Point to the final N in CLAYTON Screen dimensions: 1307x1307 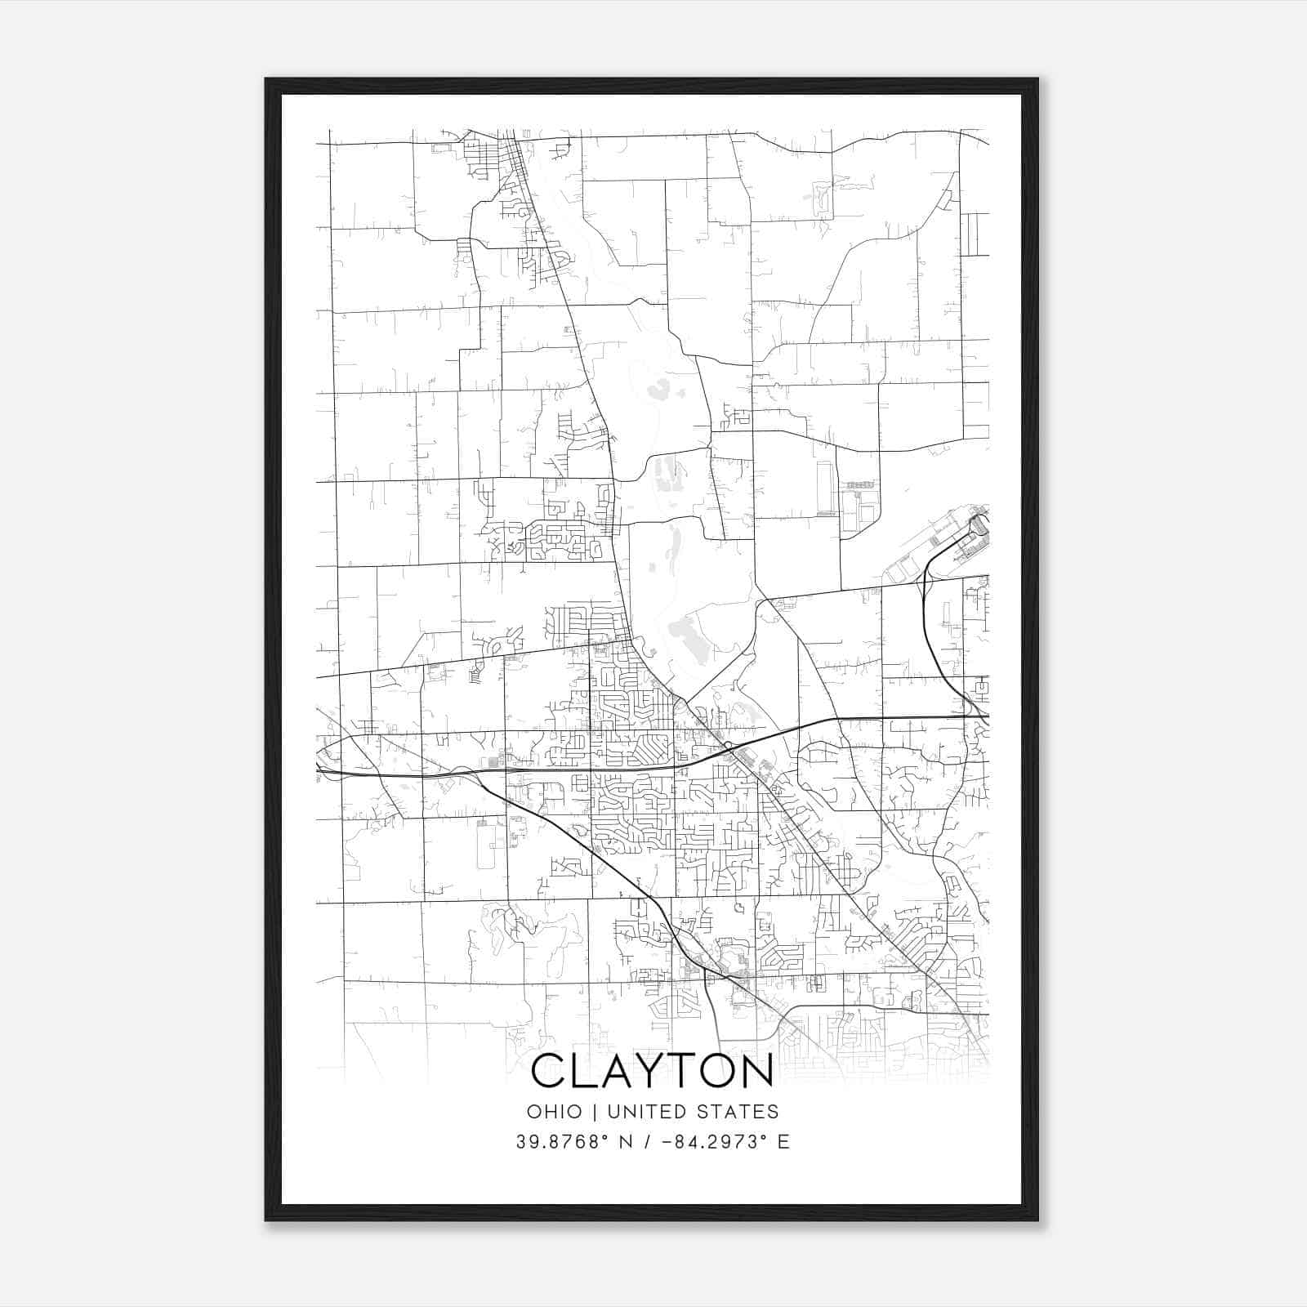click(756, 1072)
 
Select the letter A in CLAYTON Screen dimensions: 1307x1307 click(618, 1072)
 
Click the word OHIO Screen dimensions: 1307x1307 click(555, 1112)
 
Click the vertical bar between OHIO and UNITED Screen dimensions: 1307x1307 click(594, 1112)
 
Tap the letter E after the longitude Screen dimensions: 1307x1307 click(784, 1142)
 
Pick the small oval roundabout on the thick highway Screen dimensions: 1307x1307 click(727, 745)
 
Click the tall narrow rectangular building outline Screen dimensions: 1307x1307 click(823, 488)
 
